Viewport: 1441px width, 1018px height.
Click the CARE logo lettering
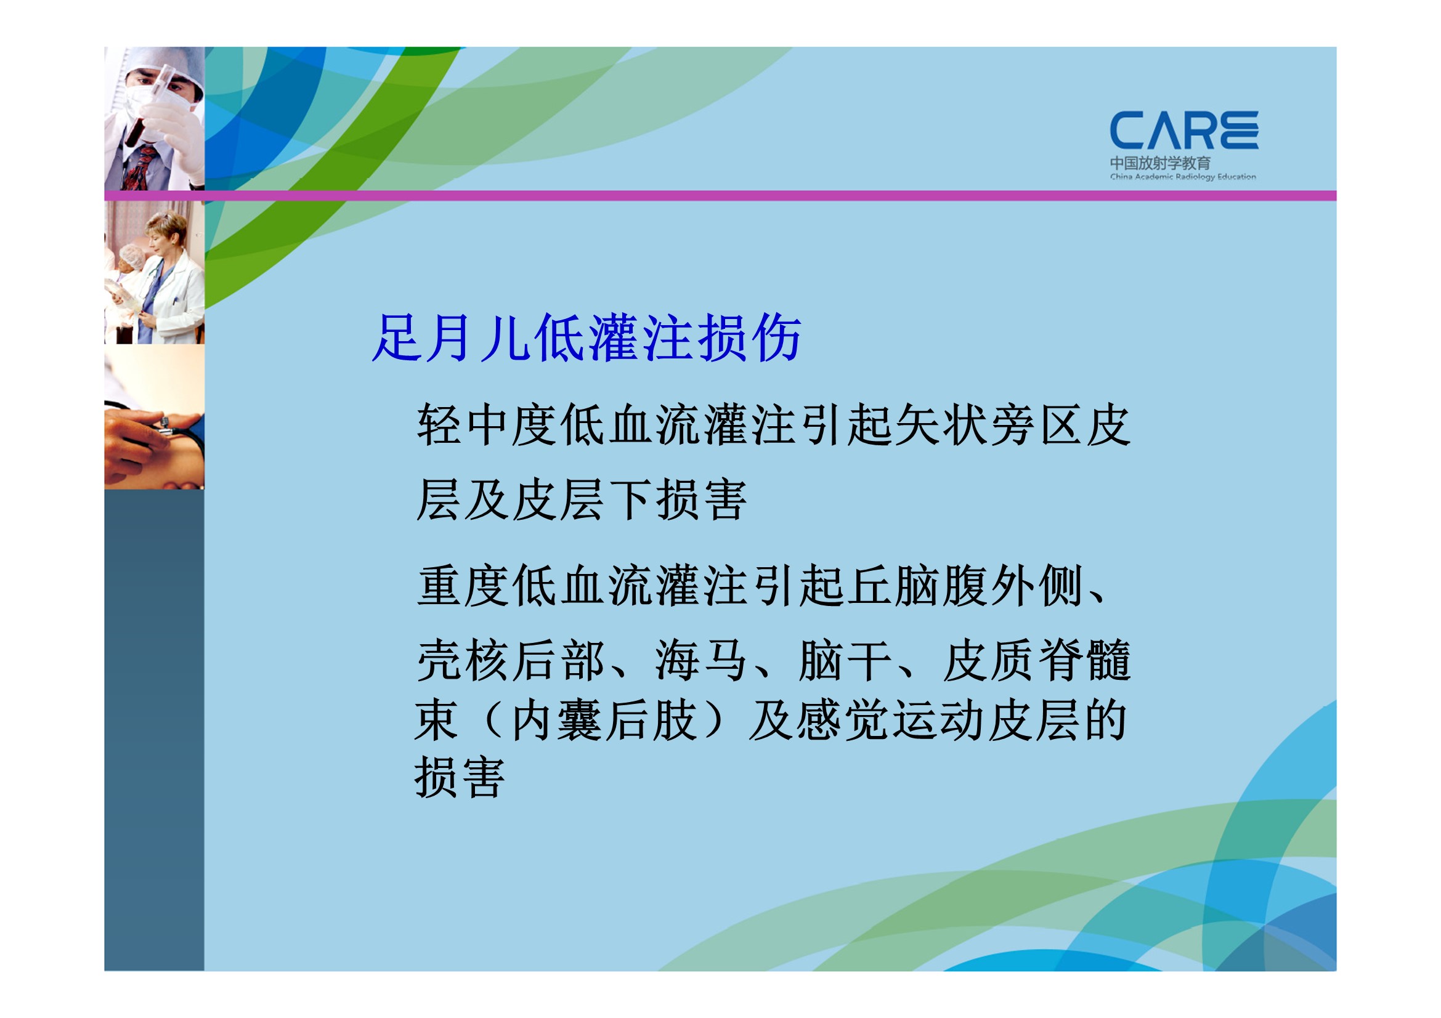point(1183,131)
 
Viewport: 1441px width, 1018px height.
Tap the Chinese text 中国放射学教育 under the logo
point(1161,163)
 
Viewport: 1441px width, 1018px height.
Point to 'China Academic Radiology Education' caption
point(1183,177)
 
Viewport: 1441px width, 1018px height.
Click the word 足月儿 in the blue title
point(451,338)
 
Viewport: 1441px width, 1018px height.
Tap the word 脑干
point(845,660)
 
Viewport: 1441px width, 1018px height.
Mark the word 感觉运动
point(892,721)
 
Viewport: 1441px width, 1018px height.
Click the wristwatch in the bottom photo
point(164,423)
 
